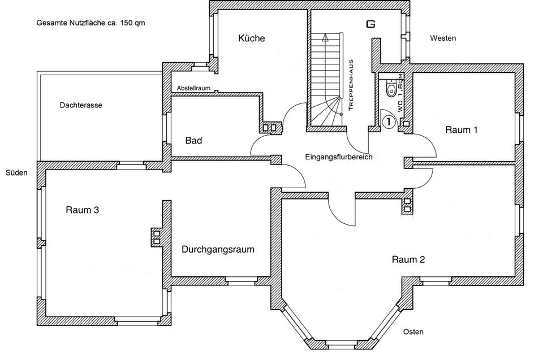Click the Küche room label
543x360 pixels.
251,38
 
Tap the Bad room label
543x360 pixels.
193,140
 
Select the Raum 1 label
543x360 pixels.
462,130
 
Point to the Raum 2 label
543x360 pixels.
408,260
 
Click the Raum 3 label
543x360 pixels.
83,210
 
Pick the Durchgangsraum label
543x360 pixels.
218,249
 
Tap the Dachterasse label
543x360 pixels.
80,105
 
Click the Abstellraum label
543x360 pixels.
193,89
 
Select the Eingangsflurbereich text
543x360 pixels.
338,157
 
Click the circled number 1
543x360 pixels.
389,121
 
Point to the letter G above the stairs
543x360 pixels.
370,24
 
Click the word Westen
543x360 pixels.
443,38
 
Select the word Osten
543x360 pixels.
413,332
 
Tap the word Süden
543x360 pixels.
16,173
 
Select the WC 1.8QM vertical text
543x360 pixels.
400,93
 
